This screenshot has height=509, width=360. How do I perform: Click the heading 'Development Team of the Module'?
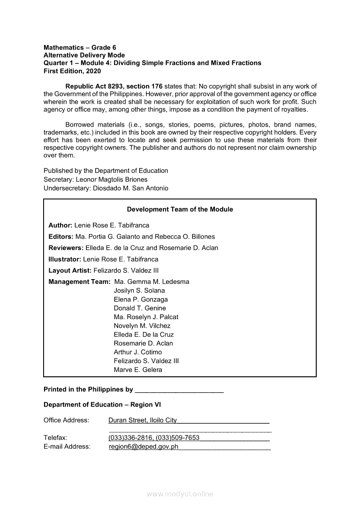(x=180, y=209)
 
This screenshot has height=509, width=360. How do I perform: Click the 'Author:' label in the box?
(x=60, y=226)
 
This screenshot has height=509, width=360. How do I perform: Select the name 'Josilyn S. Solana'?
(x=139, y=290)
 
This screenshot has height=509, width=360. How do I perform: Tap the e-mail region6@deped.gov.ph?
(x=144, y=447)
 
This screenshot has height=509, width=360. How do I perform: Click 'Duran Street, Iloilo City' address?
(x=143, y=420)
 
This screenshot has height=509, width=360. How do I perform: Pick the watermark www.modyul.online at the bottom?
(x=180, y=494)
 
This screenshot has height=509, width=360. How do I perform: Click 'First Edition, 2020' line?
(x=72, y=71)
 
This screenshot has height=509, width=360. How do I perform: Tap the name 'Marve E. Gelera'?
(x=138, y=370)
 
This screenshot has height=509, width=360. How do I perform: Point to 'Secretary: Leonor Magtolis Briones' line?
(x=95, y=179)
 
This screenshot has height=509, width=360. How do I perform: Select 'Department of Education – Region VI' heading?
(x=102, y=405)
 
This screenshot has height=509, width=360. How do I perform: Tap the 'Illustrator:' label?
(x=65, y=259)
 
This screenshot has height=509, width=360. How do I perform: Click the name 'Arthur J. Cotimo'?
(x=138, y=352)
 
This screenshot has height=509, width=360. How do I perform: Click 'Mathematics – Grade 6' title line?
(x=80, y=47)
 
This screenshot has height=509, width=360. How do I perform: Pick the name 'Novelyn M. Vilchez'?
(x=142, y=326)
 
